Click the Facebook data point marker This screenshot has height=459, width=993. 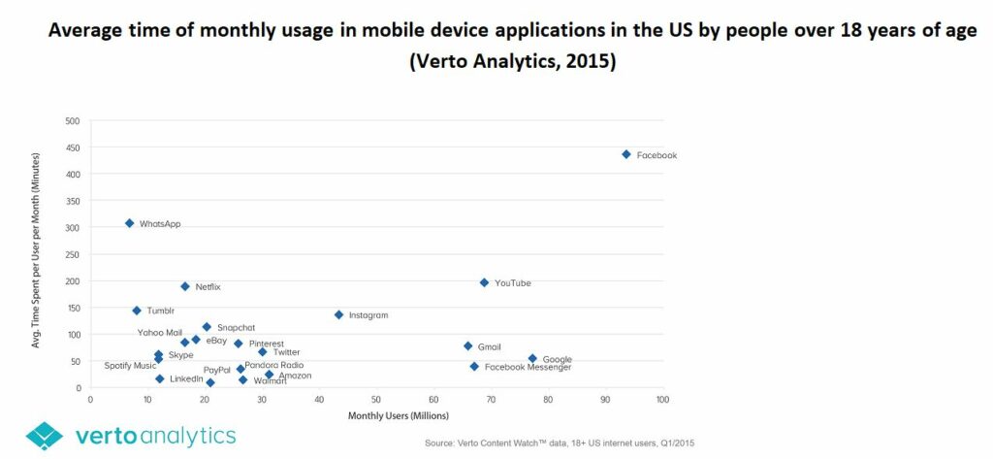tap(626, 154)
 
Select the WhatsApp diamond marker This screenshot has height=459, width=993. tap(129, 223)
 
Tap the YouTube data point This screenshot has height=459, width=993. tap(484, 282)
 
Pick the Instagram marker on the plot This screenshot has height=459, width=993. tap(338, 314)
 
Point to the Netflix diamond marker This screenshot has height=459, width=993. tap(184, 286)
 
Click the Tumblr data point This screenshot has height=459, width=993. tap(137, 311)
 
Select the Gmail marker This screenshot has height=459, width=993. tap(467, 345)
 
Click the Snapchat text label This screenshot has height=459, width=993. tap(236, 328)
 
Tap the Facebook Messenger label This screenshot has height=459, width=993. tap(528, 368)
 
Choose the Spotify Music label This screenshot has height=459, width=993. tap(130, 366)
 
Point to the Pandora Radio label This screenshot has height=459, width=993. tap(273, 366)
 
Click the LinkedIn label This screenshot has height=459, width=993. tap(186, 378)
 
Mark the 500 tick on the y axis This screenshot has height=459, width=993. tap(72, 121)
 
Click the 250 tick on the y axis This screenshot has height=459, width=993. tap(72, 254)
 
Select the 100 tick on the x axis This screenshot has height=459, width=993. tap(662, 399)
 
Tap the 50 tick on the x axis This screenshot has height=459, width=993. tap(377, 399)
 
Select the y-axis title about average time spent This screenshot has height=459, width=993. tap(36, 250)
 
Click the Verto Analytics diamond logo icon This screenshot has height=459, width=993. tap(45, 436)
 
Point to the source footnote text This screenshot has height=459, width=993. tap(559, 443)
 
